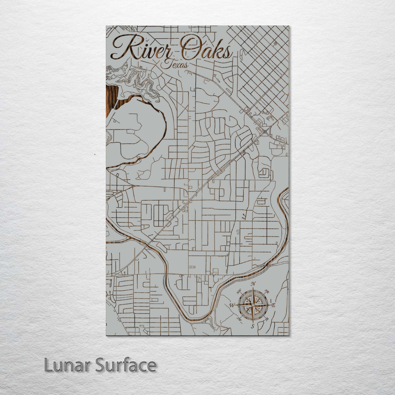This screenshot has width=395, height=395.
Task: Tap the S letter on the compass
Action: pos(253,326)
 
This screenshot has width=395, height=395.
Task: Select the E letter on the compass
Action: pos(274,305)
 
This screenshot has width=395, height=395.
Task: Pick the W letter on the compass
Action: pos(232,305)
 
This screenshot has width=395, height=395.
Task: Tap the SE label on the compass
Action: pos(267,319)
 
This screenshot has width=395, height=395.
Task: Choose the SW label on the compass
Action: pos(239,319)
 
